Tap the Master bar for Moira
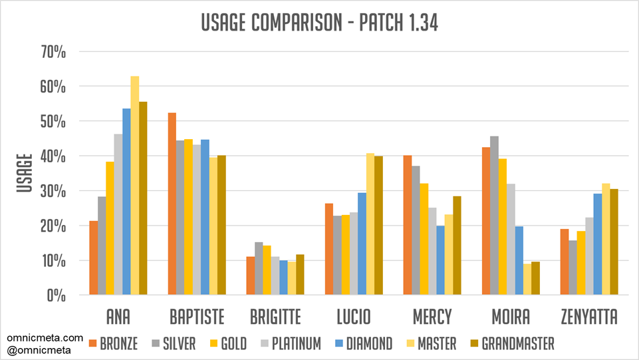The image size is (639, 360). (x=527, y=279)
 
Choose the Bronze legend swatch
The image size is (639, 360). (x=93, y=344)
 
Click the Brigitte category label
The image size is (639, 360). (x=275, y=315)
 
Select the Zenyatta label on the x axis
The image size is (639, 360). (x=589, y=315)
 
